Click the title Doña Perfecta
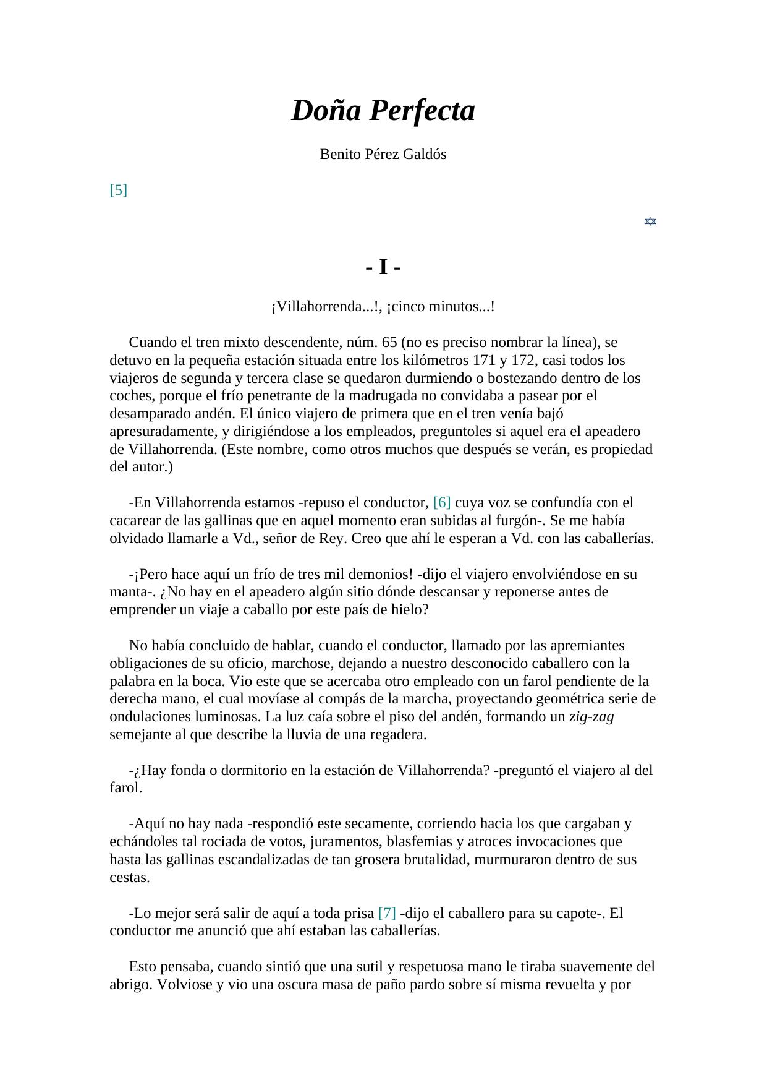(x=383, y=111)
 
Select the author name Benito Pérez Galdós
(x=383, y=155)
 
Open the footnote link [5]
(x=118, y=190)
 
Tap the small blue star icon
(x=650, y=221)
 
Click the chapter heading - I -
(x=383, y=268)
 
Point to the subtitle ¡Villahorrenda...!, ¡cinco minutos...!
(x=383, y=307)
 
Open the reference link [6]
(x=442, y=502)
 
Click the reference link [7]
(x=387, y=913)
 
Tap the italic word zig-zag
(x=591, y=717)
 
